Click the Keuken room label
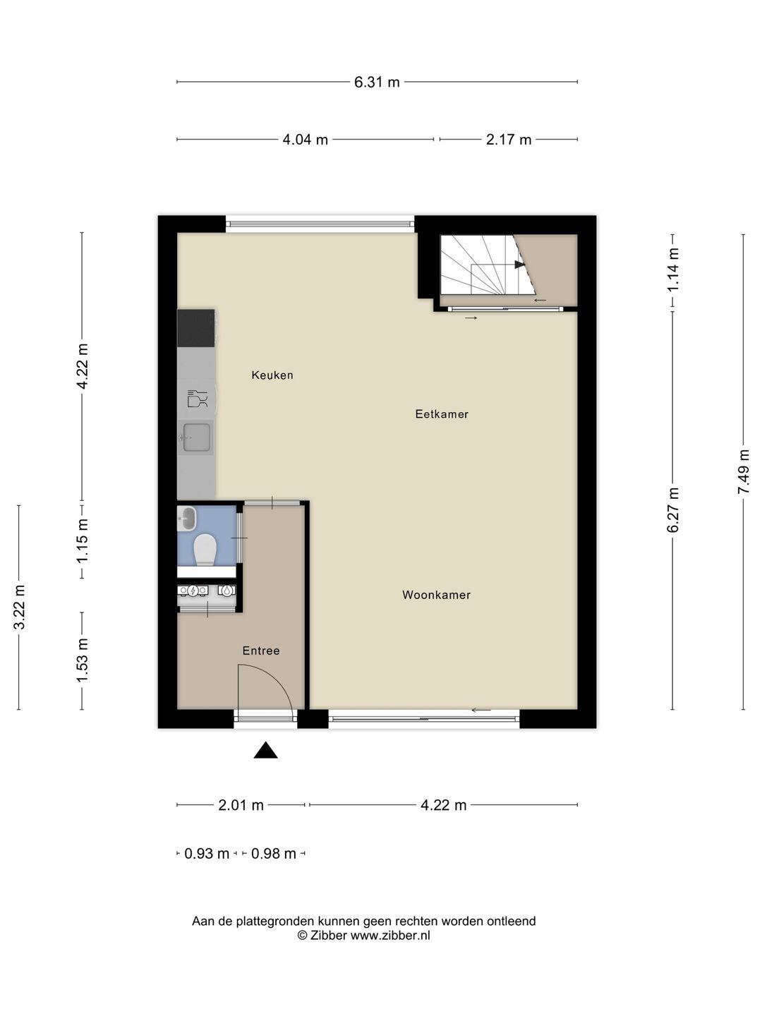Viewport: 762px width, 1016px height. tap(272, 375)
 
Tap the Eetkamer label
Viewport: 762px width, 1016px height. tap(442, 414)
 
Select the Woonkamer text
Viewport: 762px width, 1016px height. tap(436, 595)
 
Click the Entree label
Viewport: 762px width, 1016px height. tap(261, 651)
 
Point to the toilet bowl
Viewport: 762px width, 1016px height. tap(205, 549)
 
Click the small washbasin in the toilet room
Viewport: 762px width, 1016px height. tap(187, 519)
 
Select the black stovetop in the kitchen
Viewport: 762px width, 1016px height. tap(195, 328)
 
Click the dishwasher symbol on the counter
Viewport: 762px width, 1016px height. tap(197, 399)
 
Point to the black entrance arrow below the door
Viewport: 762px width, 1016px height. tap(265, 751)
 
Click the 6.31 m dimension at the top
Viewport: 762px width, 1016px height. tap(377, 82)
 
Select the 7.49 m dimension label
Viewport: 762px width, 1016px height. tap(743, 471)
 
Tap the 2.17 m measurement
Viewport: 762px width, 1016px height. tap(508, 140)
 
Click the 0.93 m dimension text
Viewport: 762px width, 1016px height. tap(207, 854)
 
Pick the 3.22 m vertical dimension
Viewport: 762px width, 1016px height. tap(19, 607)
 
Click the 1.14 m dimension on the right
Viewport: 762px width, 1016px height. tap(673, 270)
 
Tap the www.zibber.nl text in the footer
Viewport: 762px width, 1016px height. tap(390, 936)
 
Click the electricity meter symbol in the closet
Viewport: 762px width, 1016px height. tap(193, 591)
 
